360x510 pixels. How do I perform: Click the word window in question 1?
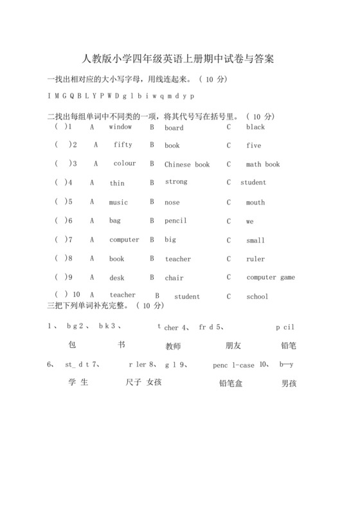click(x=120, y=127)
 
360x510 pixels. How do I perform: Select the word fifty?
click(x=123, y=145)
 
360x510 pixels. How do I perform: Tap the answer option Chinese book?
click(x=187, y=165)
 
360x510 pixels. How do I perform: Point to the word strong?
click(x=176, y=182)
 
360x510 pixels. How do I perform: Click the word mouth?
click(x=255, y=203)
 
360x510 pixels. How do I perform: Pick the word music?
click(x=118, y=203)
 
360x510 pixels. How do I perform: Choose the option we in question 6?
click(x=250, y=221)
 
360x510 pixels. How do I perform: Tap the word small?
click(x=255, y=241)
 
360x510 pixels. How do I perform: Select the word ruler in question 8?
click(x=255, y=259)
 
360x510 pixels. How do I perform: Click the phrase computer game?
click(x=271, y=278)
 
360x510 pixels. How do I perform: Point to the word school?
click(x=257, y=297)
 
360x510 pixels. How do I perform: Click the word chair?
click(x=174, y=278)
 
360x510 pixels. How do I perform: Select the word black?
click(x=255, y=127)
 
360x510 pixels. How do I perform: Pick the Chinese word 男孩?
click(x=289, y=384)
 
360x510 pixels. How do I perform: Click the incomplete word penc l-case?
click(x=233, y=365)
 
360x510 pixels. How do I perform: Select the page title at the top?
click(x=179, y=59)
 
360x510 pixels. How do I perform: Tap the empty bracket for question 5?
click(x=60, y=202)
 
